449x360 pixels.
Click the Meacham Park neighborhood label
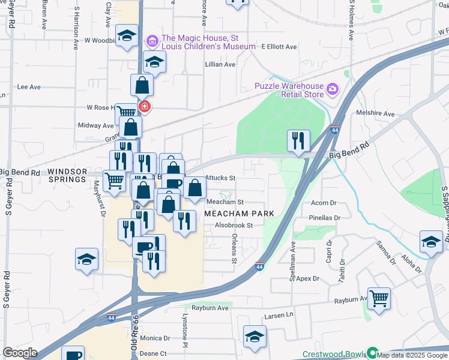pos(240,214)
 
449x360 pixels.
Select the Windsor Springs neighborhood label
pos(67,175)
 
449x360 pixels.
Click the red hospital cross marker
pos(144,107)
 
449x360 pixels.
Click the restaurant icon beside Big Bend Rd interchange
pos(298,140)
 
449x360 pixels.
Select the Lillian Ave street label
pos(220,64)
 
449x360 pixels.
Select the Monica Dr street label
pos(155,338)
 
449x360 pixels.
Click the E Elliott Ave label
pos(279,47)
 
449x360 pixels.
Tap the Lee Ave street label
pos(29,87)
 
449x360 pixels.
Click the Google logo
pos(20,353)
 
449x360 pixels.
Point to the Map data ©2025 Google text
pos(412,355)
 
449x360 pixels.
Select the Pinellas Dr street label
pos(325,218)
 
